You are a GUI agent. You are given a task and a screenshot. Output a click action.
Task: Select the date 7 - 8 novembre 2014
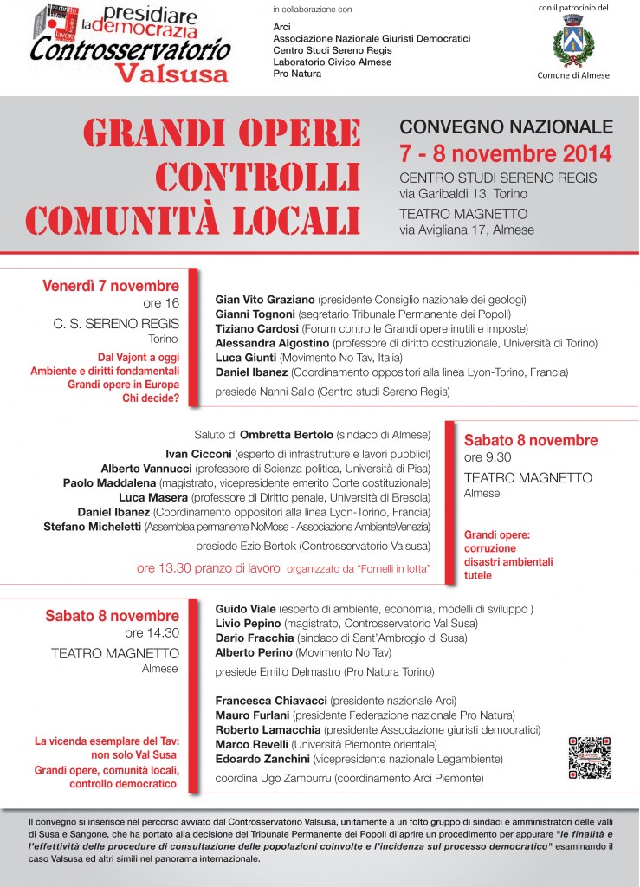click(505, 153)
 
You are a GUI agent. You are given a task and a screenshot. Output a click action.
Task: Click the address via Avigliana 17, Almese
click(467, 230)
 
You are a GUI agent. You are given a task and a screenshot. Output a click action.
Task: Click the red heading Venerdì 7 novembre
click(111, 286)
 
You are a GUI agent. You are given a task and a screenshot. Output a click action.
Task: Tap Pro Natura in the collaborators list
click(297, 74)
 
